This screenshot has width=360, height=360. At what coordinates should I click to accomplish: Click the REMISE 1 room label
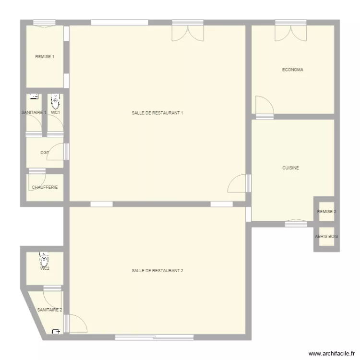(45, 57)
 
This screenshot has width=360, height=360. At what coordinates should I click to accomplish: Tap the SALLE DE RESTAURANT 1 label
(157, 113)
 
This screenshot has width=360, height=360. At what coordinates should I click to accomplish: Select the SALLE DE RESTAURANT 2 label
(157, 271)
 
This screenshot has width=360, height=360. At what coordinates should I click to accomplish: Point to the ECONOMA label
(292, 70)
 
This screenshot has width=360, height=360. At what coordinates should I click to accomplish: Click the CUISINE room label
(291, 168)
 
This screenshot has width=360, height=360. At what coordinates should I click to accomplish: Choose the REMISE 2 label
(326, 212)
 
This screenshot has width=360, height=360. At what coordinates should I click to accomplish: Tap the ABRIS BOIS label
(326, 237)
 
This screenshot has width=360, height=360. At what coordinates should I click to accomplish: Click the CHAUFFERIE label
(45, 187)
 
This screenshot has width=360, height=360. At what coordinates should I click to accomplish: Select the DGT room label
(45, 153)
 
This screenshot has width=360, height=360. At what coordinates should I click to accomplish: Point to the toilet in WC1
(55, 101)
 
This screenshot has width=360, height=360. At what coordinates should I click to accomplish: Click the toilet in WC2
(45, 260)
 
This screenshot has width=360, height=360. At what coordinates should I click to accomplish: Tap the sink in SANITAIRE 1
(34, 96)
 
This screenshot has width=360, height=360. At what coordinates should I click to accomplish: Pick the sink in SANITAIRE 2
(56, 331)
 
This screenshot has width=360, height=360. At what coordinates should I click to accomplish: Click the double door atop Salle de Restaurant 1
(188, 30)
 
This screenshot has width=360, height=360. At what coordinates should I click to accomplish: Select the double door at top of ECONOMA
(290, 30)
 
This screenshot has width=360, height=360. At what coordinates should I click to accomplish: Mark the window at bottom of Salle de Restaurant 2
(154, 337)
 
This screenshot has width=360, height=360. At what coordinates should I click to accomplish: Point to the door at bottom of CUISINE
(296, 222)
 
